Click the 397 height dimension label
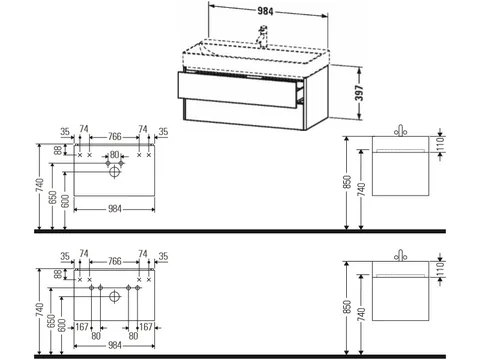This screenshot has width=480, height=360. [x=359, y=93]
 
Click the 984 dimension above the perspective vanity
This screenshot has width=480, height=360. [x=265, y=11]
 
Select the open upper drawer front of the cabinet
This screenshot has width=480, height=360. [x=238, y=90]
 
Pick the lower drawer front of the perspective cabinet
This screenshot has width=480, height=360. [x=243, y=114]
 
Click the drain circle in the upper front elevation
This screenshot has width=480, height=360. [x=114, y=172]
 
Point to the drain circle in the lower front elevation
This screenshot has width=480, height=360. [x=114, y=296]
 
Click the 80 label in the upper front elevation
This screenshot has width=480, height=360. [x=114, y=155]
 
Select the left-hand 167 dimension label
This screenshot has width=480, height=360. [x=82, y=327]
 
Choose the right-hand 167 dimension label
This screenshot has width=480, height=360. [x=146, y=327]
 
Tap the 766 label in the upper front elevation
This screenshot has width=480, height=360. [x=114, y=137]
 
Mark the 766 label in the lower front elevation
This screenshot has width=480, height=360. [x=114, y=261]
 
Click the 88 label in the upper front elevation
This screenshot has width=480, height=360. [x=58, y=150]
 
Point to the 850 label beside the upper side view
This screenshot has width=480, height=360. [x=347, y=182]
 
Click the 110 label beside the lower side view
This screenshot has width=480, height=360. [x=441, y=269]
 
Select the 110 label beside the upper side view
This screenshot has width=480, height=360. [x=441, y=144]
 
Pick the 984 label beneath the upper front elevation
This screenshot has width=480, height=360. [x=114, y=209]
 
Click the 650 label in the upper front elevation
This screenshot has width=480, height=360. [x=53, y=198]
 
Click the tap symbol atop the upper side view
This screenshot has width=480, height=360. [x=400, y=131]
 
